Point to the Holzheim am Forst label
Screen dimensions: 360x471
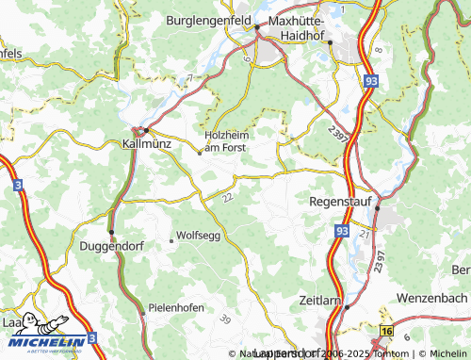click(x=230, y=139)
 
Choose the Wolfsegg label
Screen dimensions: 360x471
click(x=198, y=235)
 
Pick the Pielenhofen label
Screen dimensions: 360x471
click(x=177, y=308)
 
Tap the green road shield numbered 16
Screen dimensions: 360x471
click(x=386, y=331)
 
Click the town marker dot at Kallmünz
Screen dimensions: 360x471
click(x=145, y=130)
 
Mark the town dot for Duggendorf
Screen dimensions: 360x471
click(x=111, y=232)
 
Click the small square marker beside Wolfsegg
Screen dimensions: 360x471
click(x=171, y=241)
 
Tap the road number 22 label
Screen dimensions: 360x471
click(x=227, y=197)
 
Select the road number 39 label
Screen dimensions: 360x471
click(x=225, y=319)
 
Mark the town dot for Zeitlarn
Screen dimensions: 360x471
click(x=347, y=306)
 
